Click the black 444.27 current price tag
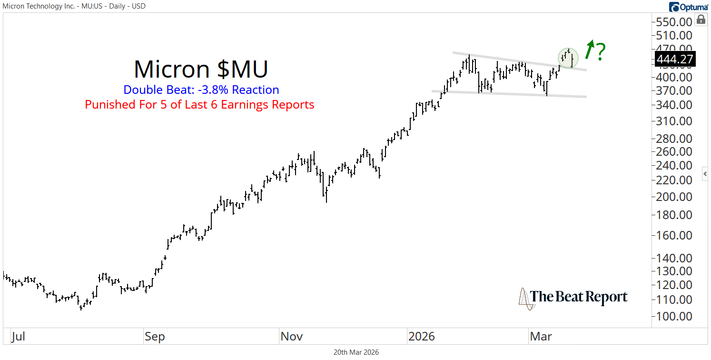pos(674,59)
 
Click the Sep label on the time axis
pos(155,337)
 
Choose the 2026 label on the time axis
pos(421,337)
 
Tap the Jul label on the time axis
pos(18,337)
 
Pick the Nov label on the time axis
pos(291,337)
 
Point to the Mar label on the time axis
pos(541,337)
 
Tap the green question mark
pos(601,51)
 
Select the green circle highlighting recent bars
pos(568,58)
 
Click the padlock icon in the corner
pos(701,20)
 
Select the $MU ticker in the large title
pos(243,69)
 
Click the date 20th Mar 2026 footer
pos(355,352)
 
